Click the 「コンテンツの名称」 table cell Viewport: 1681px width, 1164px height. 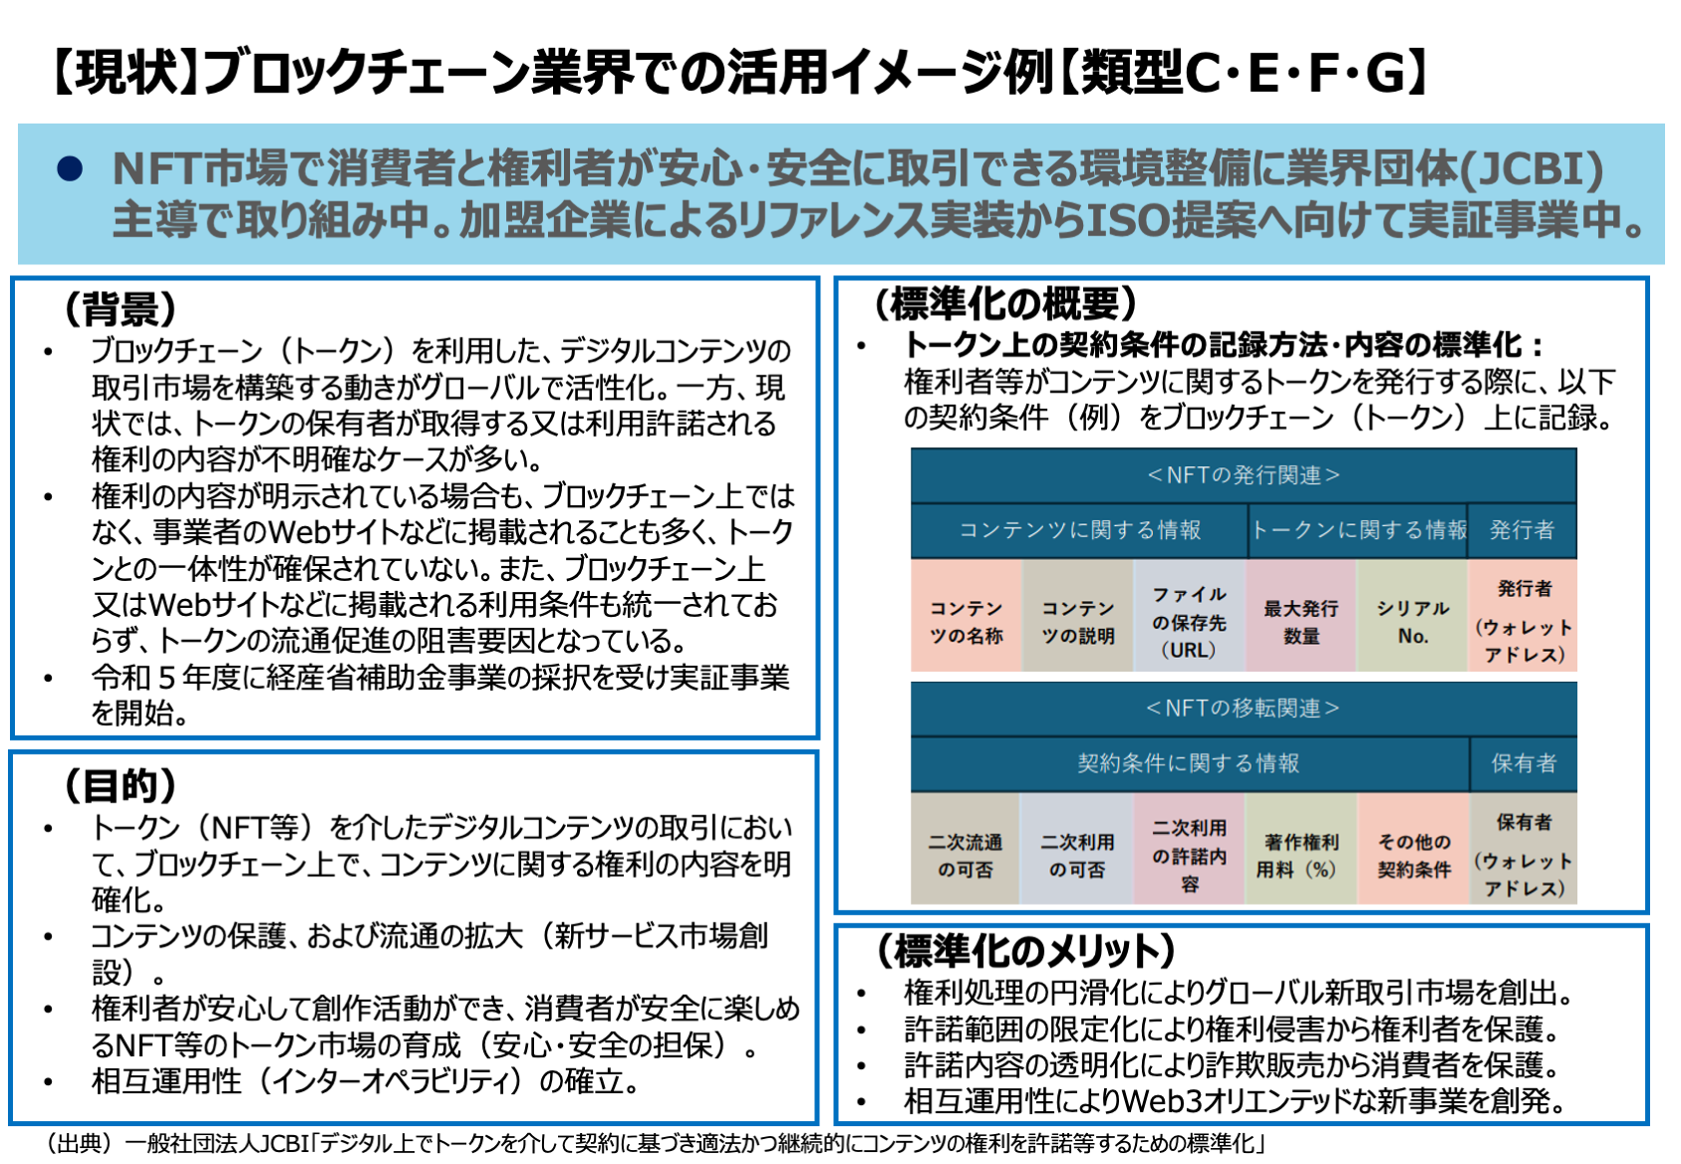(966, 621)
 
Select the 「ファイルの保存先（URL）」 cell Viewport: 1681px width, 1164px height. (1189, 621)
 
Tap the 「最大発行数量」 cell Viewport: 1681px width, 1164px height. (1300, 621)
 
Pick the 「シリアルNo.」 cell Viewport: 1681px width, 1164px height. (1412, 621)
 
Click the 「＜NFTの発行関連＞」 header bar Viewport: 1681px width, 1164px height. (1243, 475)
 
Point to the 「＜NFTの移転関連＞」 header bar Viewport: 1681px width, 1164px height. (1243, 709)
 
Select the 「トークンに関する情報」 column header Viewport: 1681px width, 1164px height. (1359, 530)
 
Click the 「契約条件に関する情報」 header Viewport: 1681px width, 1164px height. (1189, 763)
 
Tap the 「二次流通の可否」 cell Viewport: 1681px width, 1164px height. (965, 855)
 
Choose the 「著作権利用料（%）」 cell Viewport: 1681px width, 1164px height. (1300, 855)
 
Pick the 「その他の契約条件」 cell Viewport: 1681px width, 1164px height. (1413, 855)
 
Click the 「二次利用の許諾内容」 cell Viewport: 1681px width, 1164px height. (1189, 855)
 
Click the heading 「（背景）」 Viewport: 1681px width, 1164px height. (121, 309)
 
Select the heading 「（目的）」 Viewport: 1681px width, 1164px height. (121, 786)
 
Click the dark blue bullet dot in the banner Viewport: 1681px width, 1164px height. (70, 168)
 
